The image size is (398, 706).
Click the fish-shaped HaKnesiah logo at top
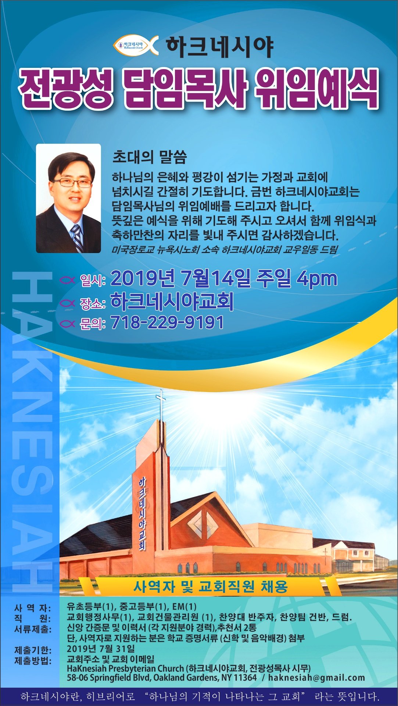(136, 45)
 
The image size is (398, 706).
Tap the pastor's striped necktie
(77, 237)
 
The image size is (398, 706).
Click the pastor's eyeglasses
(72, 182)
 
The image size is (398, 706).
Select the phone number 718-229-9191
(167, 322)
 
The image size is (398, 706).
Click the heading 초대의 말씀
(150, 157)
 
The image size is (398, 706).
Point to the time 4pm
(317, 278)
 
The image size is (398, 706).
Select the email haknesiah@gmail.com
(316, 677)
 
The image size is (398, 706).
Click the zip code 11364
(245, 677)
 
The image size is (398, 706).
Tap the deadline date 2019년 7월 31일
(101, 649)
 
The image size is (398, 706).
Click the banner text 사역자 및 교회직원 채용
(210, 586)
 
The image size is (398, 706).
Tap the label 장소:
(93, 303)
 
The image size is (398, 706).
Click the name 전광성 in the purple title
(66, 89)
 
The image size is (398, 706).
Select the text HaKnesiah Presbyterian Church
(125, 668)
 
